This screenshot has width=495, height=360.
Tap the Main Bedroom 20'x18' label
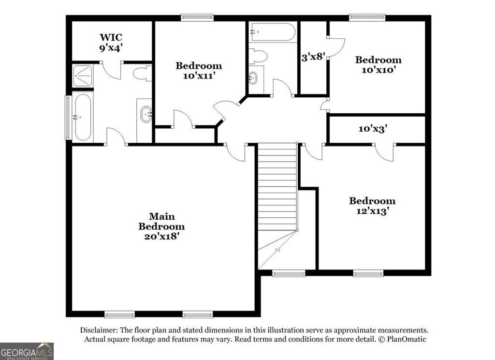click(161, 226)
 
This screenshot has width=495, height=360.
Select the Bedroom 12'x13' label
click(372, 206)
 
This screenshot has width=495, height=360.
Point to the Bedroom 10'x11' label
click(199, 71)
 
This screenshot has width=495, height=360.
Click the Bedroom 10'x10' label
click(378, 65)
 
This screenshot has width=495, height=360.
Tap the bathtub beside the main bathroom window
click(83, 117)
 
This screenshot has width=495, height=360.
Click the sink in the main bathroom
click(146, 115)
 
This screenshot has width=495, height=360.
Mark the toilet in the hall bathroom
click(258, 56)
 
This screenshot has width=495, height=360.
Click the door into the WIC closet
click(112, 71)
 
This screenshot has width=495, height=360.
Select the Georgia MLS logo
click(27, 351)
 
